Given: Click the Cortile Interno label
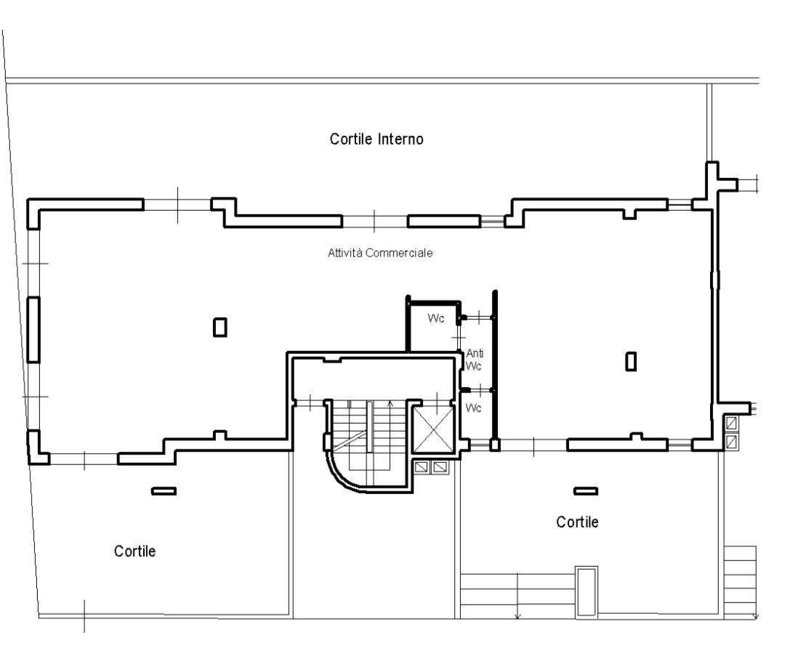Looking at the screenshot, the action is point(377,139).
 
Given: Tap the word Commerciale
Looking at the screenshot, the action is point(399,253).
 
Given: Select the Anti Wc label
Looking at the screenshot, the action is point(475,360).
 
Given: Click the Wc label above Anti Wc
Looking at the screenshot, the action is point(436,318).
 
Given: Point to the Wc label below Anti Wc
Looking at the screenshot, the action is point(473,408).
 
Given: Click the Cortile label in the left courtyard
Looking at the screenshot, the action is point(134,551).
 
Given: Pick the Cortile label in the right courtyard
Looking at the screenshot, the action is point(577,522).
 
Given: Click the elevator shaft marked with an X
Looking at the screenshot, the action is point(435,429).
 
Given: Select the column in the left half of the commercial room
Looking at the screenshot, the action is point(220,327).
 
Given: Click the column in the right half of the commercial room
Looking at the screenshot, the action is point(631,361).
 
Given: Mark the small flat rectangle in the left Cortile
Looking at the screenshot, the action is point(164,490).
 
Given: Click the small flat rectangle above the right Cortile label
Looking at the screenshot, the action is point(586,490).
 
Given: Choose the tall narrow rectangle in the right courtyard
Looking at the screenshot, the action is point(587,591).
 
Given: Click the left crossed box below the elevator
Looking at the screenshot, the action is point(422,467).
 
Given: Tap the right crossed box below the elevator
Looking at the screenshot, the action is point(440,467).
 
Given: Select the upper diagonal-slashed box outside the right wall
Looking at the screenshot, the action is point(731,423).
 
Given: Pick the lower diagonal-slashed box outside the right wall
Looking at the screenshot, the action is point(731,442).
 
